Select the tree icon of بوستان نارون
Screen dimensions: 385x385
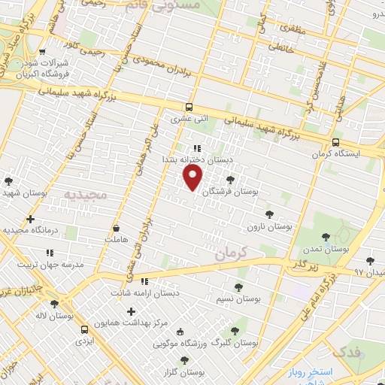269,214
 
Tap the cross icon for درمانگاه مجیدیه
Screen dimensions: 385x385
30,220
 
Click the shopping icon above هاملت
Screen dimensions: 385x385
117,228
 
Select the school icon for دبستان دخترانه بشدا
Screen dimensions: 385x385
196,149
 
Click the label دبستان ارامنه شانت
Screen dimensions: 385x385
145,293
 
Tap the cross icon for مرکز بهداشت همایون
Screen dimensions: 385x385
132,311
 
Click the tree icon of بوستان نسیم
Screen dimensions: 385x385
238,286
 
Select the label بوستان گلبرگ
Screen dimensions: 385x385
235,342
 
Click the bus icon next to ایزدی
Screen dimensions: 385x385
83,329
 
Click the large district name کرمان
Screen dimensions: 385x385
230,253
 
